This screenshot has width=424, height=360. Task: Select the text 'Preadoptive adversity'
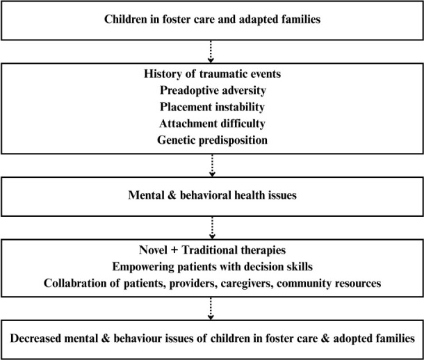[212, 91]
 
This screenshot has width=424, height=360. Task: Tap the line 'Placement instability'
[212, 106]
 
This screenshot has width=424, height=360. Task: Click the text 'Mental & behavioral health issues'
[212, 196]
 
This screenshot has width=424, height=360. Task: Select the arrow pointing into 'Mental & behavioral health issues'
[212, 166]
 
